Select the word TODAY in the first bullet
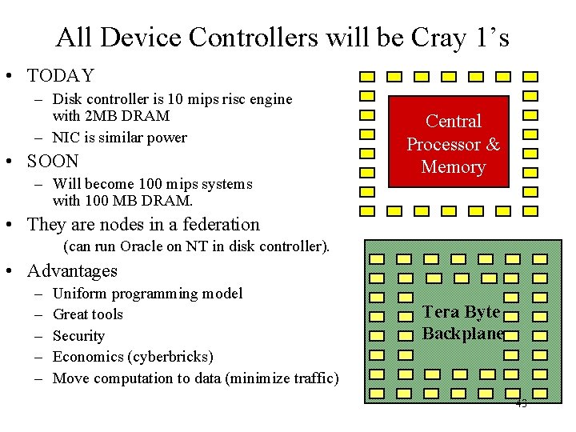[x=61, y=76]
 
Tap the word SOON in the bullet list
[x=53, y=161]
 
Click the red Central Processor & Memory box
[x=454, y=143]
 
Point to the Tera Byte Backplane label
[x=462, y=322]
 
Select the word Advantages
[x=72, y=271]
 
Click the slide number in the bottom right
[x=522, y=404]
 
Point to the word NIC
[x=66, y=138]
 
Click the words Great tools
[x=87, y=314]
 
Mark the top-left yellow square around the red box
[x=367, y=78]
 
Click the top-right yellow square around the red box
[x=530, y=78]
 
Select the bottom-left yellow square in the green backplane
[x=377, y=393]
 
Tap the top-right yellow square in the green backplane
[x=540, y=259]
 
